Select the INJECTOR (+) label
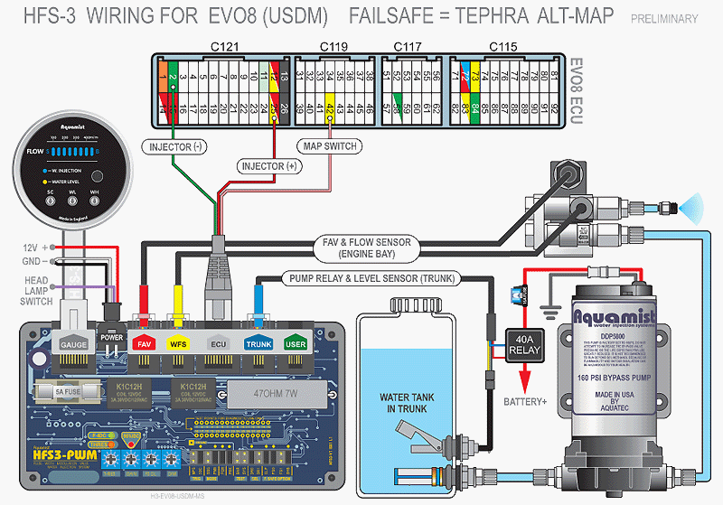coord(268,166)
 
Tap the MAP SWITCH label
coord(328,146)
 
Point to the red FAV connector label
coord(144,344)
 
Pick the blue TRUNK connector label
coord(258,344)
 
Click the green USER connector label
coord(295,344)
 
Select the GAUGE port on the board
coord(72,344)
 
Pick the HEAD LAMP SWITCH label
coord(37,291)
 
